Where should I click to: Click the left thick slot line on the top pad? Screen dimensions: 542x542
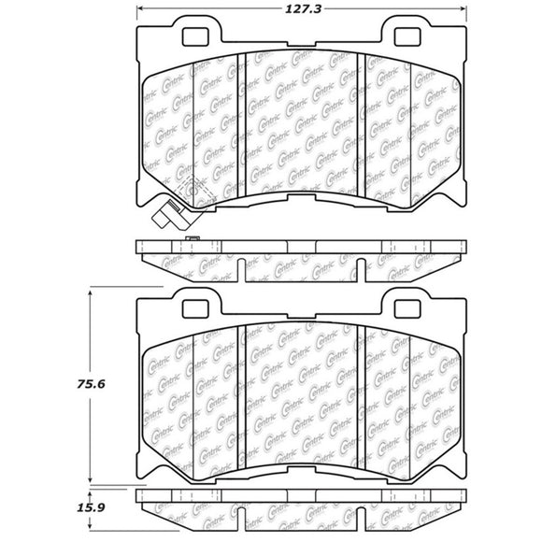241,121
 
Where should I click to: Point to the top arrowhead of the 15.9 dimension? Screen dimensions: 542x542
90,493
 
